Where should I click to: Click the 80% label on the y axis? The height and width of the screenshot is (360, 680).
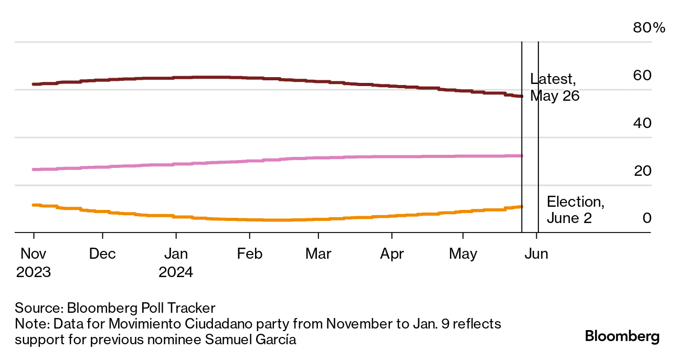point(649,28)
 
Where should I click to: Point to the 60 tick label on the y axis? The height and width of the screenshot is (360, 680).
point(643,76)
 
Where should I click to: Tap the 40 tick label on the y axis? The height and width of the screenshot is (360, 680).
point(643,123)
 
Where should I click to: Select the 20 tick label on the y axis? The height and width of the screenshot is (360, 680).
point(643,171)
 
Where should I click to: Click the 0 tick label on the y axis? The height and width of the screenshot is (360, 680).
point(647,218)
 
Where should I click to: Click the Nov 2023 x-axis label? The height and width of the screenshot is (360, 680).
point(34,263)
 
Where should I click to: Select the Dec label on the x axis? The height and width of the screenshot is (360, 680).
point(102,254)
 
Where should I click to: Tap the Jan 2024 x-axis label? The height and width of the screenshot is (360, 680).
point(176,263)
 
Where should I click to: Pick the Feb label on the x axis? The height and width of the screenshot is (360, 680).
point(249,254)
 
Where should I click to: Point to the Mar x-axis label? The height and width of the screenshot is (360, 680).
point(318,254)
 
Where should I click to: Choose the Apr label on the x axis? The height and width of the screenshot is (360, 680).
point(391,254)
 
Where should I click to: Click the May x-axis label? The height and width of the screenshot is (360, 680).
point(463,254)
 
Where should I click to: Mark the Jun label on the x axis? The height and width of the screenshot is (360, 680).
point(536,254)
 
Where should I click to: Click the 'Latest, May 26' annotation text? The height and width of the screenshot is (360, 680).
point(554,88)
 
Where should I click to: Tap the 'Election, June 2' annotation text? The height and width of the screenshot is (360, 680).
point(575,209)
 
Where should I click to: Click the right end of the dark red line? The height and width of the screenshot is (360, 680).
point(521,96)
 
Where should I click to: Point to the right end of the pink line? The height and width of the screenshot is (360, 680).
point(521,156)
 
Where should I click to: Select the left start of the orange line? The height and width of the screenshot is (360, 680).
point(34,205)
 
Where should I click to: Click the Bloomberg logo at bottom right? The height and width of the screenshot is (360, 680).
point(622,336)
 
